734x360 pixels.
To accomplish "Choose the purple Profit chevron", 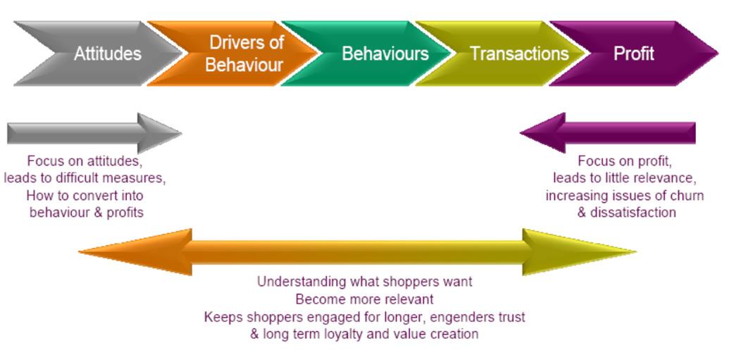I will click(634, 54).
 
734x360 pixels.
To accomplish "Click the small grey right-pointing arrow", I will click(92, 132).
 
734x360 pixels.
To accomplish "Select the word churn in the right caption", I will click(687, 195).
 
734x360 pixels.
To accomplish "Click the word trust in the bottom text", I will click(509, 317).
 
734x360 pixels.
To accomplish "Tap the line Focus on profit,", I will click(624, 161).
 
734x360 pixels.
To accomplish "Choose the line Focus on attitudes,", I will click(85, 161).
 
